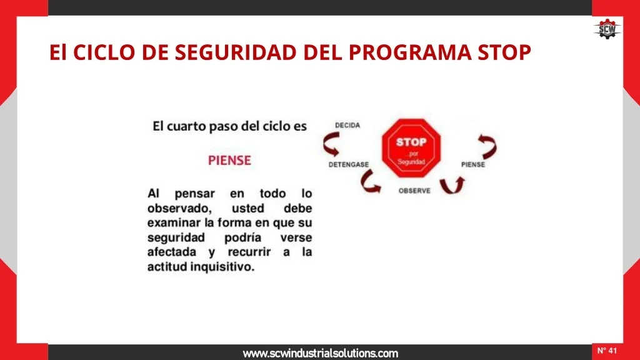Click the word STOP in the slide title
[x=504, y=52]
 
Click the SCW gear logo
[x=607, y=29]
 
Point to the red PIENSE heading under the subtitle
[x=229, y=161]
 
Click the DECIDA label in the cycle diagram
[x=347, y=125]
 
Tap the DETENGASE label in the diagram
[x=349, y=164]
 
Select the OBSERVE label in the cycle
[x=414, y=191]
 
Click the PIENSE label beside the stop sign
[x=473, y=164]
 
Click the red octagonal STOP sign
[x=411, y=148]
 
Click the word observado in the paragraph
[x=179, y=208]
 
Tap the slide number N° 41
[x=607, y=351]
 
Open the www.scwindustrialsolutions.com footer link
[x=321, y=354]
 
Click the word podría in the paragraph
[x=242, y=237]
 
